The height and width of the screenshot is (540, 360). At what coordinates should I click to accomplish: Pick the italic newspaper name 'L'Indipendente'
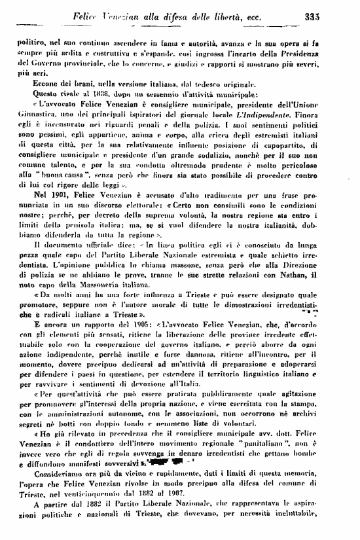(278, 116)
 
